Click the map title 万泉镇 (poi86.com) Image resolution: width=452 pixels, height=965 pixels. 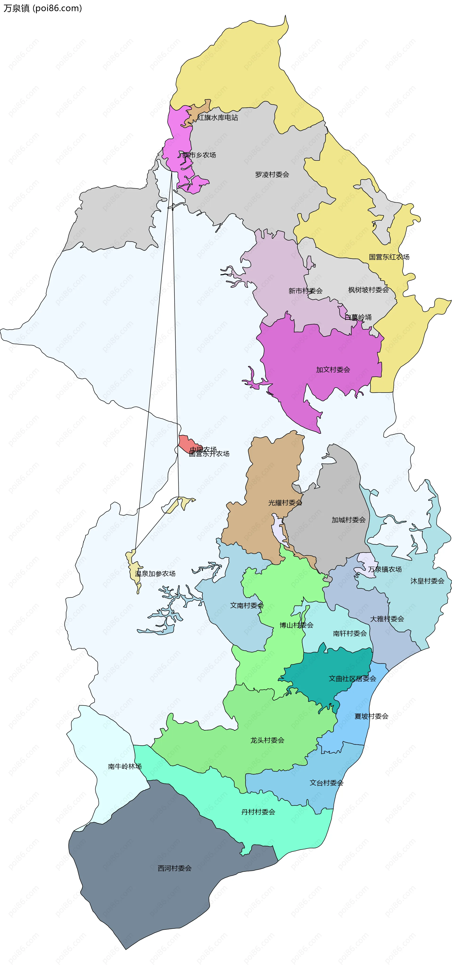click(43, 8)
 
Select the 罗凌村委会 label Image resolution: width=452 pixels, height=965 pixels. click(272, 175)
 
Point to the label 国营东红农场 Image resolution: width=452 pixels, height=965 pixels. click(389, 257)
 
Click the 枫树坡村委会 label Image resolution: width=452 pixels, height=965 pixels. click(368, 290)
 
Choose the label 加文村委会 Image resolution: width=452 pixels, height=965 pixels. click(333, 370)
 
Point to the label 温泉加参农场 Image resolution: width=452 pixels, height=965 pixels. click(155, 573)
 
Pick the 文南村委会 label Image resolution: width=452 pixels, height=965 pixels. click(247, 605)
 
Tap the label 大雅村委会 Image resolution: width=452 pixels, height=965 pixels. click(387, 619)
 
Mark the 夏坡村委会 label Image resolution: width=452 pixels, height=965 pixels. click(371, 716)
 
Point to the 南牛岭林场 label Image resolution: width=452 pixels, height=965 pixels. click(125, 766)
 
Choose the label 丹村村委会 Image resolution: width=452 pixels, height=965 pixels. click(258, 812)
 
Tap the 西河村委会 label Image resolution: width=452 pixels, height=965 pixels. click(175, 868)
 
